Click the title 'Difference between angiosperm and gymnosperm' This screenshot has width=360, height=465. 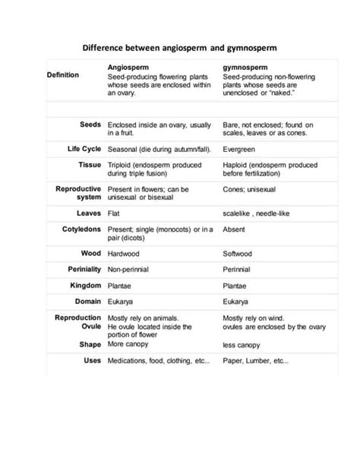coord(179,47)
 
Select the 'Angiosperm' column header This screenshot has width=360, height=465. coord(128,68)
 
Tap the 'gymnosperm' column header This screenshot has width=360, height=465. coord(246,68)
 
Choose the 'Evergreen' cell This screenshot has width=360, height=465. coord(238,148)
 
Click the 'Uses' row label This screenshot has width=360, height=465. coord(93,360)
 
